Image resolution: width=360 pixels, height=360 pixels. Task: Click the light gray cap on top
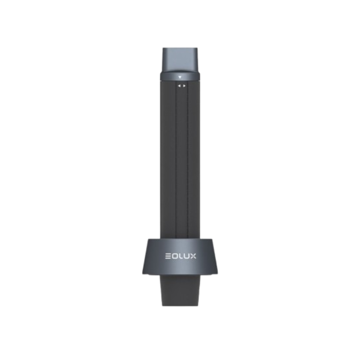pos(180,60)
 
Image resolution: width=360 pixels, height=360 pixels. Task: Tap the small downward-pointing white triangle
pos(180,77)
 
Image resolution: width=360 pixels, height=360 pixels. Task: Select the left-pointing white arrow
pos(179,86)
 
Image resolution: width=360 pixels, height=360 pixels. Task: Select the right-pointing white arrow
pos(184,86)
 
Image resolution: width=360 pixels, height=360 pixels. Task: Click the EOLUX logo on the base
pos(181,256)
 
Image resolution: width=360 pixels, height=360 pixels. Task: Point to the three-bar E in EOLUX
pos(168,256)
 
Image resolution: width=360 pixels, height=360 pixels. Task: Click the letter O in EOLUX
pos(174,256)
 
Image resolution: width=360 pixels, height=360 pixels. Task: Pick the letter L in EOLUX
pos(180,256)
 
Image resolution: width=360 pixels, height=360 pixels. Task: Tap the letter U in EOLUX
pos(186,256)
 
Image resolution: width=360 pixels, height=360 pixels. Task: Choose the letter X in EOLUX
pos(193,256)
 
